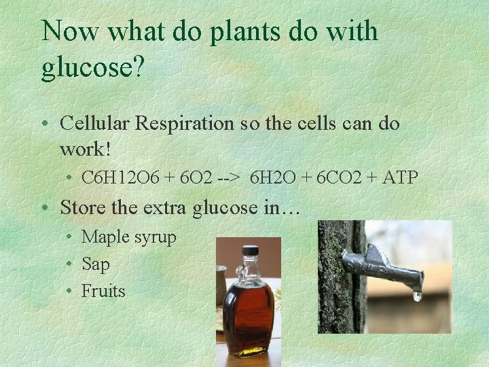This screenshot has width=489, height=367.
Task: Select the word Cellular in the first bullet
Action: coord(94,124)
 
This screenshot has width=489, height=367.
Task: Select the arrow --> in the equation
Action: coord(230,178)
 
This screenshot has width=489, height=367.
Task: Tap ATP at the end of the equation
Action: coord(401,178)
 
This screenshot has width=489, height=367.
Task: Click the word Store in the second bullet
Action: coord(81,207)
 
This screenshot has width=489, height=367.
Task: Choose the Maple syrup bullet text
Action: coord(128,238)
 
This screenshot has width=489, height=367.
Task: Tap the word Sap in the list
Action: coord(95,264)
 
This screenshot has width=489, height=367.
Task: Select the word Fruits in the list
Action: coord(103,291)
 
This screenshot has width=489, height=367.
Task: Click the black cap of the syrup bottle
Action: coord(250,250)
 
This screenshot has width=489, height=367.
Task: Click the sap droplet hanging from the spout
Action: coord(417,295)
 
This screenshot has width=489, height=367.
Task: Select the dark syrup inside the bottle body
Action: coord(248,316)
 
